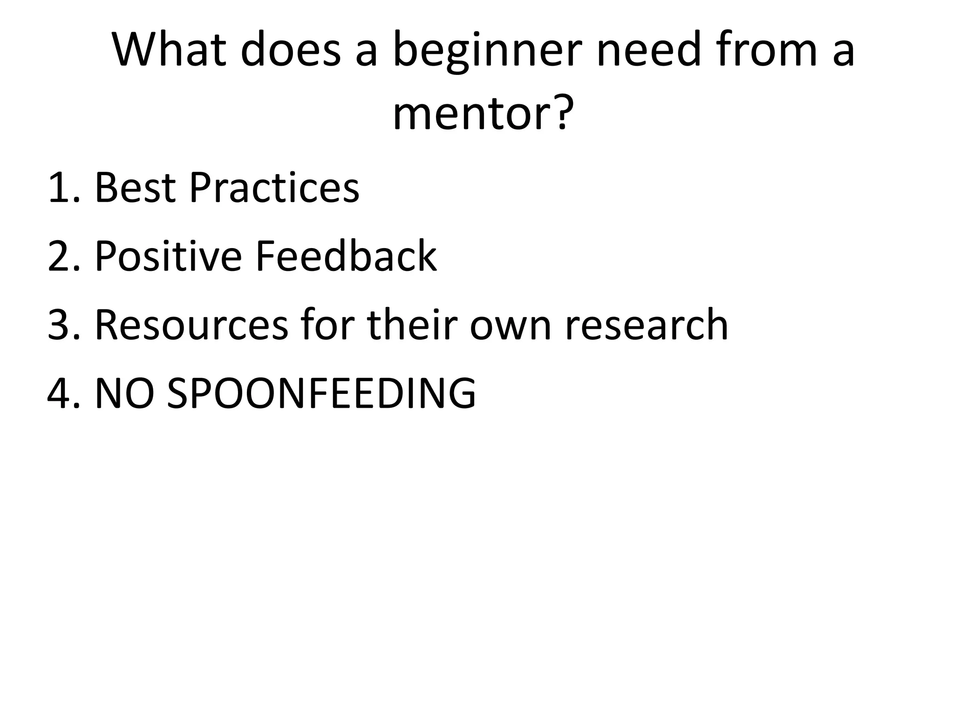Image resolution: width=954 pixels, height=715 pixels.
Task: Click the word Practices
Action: coord(274,188)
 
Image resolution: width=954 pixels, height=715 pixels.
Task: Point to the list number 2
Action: coord(61,256)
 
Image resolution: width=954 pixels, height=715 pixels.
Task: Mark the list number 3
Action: coord(61,325)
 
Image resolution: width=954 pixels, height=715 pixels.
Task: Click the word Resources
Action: coord(191,325)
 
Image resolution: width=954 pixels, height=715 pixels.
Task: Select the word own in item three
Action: coord(510,325)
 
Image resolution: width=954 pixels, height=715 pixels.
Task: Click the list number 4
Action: coord(61,393)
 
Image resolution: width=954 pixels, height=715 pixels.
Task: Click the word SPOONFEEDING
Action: coord(321,393)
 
